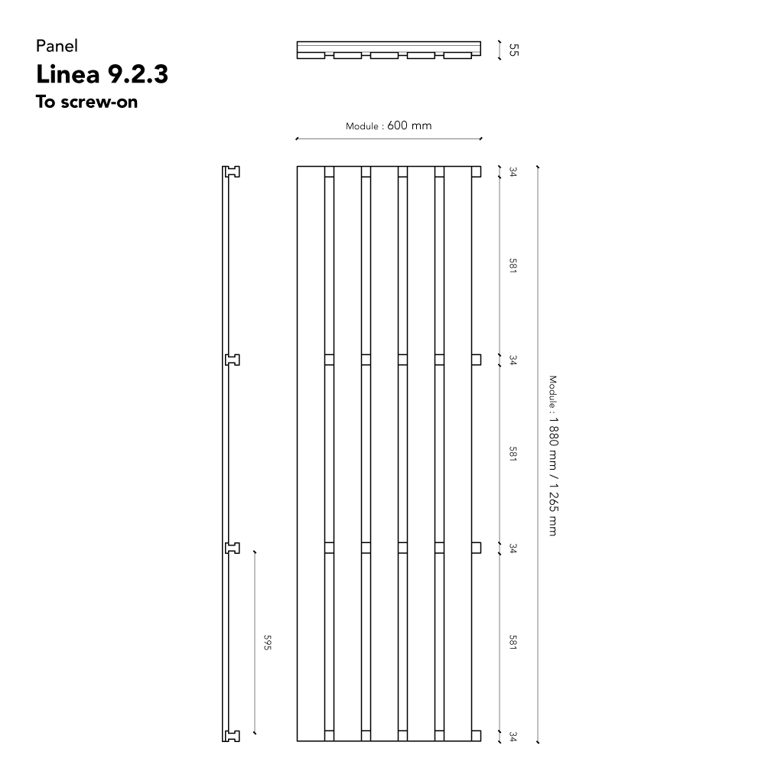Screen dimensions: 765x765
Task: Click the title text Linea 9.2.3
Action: (x=102, y=74)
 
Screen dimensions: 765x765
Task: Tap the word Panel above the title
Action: (x=57, y=46)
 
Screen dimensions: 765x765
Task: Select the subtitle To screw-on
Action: (x=87, y=102)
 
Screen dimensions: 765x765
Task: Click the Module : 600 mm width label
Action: (x=389, y=126)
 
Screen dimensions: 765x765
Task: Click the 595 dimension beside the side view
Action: (x=267, y=642)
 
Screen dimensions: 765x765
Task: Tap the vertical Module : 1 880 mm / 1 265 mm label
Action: (x=553, y=455)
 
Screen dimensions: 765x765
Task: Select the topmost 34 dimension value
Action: (x=513, y=171)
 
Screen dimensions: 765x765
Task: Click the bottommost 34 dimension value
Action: (x=513, y=736)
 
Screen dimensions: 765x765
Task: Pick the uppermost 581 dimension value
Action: (x=513, y=265)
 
